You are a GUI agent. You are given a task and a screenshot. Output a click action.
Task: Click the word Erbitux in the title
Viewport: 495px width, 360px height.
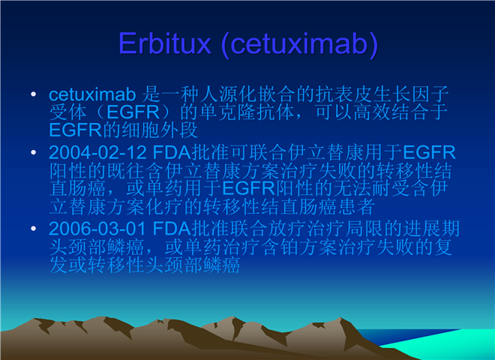pos(164,43)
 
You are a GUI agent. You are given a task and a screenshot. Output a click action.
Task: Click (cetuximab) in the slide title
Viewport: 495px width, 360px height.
pos(300,44)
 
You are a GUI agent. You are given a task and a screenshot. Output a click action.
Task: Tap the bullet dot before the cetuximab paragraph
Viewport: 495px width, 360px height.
pos(34,94)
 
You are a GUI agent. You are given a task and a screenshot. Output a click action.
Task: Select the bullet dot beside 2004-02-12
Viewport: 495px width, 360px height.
pos(34,152)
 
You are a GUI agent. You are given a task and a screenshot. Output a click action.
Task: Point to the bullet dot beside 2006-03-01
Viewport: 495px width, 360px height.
pos(34,228)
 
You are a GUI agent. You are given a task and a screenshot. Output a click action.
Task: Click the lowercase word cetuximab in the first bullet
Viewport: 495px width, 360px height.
pos(92,94)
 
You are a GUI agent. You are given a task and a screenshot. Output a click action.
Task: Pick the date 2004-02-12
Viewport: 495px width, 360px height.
pos(97,152)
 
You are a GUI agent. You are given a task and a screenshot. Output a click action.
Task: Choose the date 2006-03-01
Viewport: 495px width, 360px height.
pos(97,229)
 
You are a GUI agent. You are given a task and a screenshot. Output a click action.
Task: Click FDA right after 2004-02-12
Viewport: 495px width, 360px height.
pos(172,152)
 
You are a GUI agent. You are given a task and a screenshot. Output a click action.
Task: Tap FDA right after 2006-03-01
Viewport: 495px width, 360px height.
pos(172,229)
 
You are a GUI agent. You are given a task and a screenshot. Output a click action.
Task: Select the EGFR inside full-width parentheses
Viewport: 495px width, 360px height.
pos(133,112)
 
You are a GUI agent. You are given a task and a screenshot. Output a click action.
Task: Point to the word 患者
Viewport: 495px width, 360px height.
pos(357,207)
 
